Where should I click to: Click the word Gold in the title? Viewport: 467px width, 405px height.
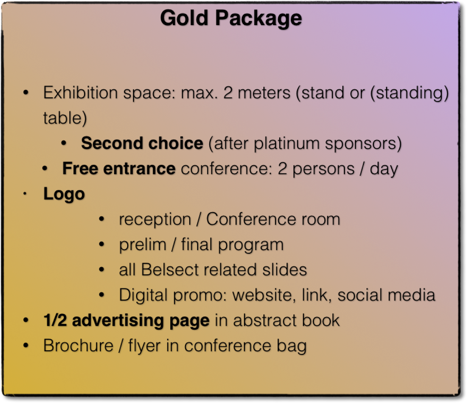[184, 18]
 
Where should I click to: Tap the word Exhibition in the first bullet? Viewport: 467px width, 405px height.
[80, 93]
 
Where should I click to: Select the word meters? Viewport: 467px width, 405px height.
[264, 93]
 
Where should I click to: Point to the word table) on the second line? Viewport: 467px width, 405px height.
[65, 118]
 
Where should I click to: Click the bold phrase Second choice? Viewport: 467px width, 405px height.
[142, 143]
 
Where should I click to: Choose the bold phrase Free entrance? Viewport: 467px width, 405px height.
[119, 168]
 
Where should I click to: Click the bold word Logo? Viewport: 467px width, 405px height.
[64, 194]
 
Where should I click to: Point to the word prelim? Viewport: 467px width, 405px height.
[143, 244]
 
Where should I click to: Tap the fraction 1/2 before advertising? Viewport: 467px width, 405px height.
[55, 320]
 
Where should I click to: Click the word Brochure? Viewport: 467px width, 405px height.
[78, 346]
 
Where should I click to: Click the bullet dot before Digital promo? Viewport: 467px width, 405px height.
[102, 295]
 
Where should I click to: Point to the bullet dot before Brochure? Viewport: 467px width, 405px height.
[26, 345]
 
